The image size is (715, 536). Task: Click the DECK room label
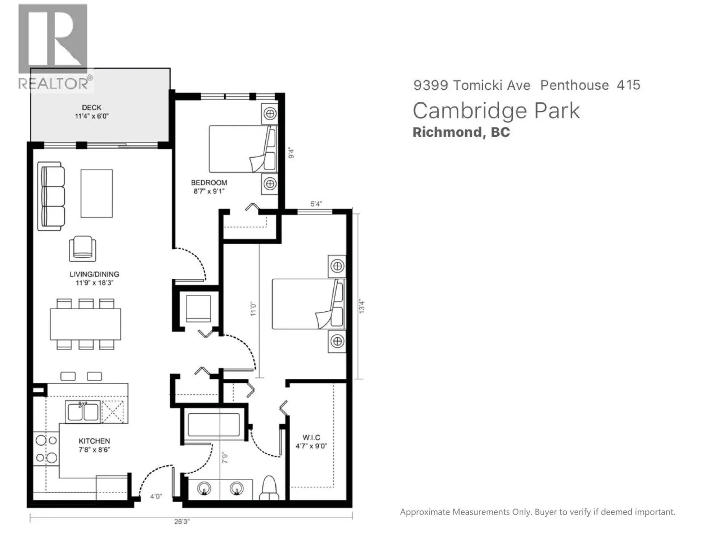pos(92,108)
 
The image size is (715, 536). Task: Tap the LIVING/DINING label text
pos(94,274)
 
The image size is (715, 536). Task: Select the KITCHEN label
pos(94,441)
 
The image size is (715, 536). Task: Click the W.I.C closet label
pos(311,437)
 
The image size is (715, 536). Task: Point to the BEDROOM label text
pos(209,183)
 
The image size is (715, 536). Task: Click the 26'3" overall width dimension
pos(182,521)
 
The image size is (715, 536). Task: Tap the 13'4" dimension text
pos(362,306)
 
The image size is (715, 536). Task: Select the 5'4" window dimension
pos(316,204)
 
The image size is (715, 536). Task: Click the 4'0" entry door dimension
pos(156,496)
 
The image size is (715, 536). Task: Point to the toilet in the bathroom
pos(269,488)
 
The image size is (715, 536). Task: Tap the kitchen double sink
pos(83,412)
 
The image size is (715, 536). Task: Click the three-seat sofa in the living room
pos(51,197)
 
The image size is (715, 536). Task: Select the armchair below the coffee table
pos(83,248)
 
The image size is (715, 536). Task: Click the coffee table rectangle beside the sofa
pos(97,193)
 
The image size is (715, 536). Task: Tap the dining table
pos(85,324)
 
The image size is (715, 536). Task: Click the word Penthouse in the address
pos(575,85)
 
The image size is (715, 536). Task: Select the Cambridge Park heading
pos(496,111)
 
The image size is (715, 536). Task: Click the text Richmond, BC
pos(461,132)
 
